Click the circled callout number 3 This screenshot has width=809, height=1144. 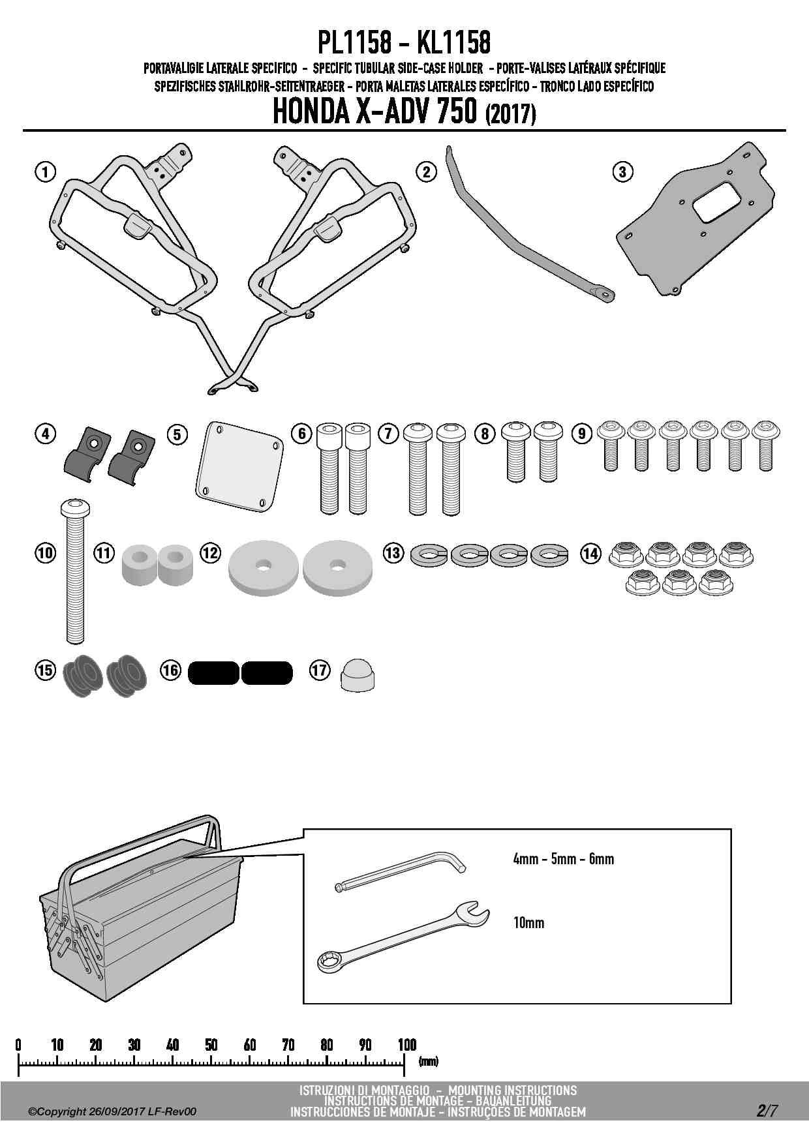622,172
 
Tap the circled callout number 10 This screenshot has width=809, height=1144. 45,553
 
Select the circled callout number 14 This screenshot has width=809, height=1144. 590,554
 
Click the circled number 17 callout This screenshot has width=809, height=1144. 320,670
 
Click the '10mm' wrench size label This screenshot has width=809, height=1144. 528,923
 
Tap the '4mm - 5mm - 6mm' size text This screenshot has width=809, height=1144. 563,859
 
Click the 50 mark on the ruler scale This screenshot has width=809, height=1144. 211,1045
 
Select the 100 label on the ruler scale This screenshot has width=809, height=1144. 407,1045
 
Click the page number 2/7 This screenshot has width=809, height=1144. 767,1111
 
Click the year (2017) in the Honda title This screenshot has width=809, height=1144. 510,115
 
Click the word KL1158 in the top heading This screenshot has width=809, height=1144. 453,43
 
